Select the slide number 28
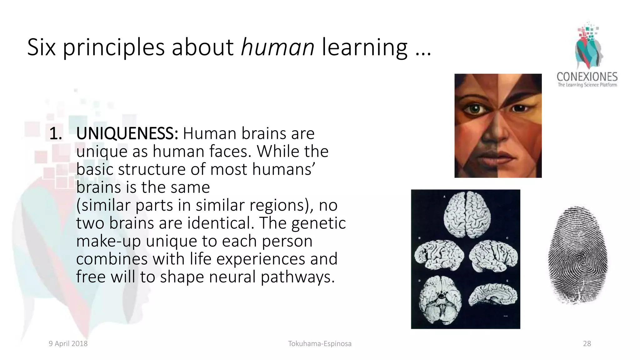(587, 344)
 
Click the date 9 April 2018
(68, 344)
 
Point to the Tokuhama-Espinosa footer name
(320, 344)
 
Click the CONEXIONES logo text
(587, 77)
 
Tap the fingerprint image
(578, 255)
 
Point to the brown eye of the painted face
(518, 108)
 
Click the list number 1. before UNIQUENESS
(56, 134)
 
